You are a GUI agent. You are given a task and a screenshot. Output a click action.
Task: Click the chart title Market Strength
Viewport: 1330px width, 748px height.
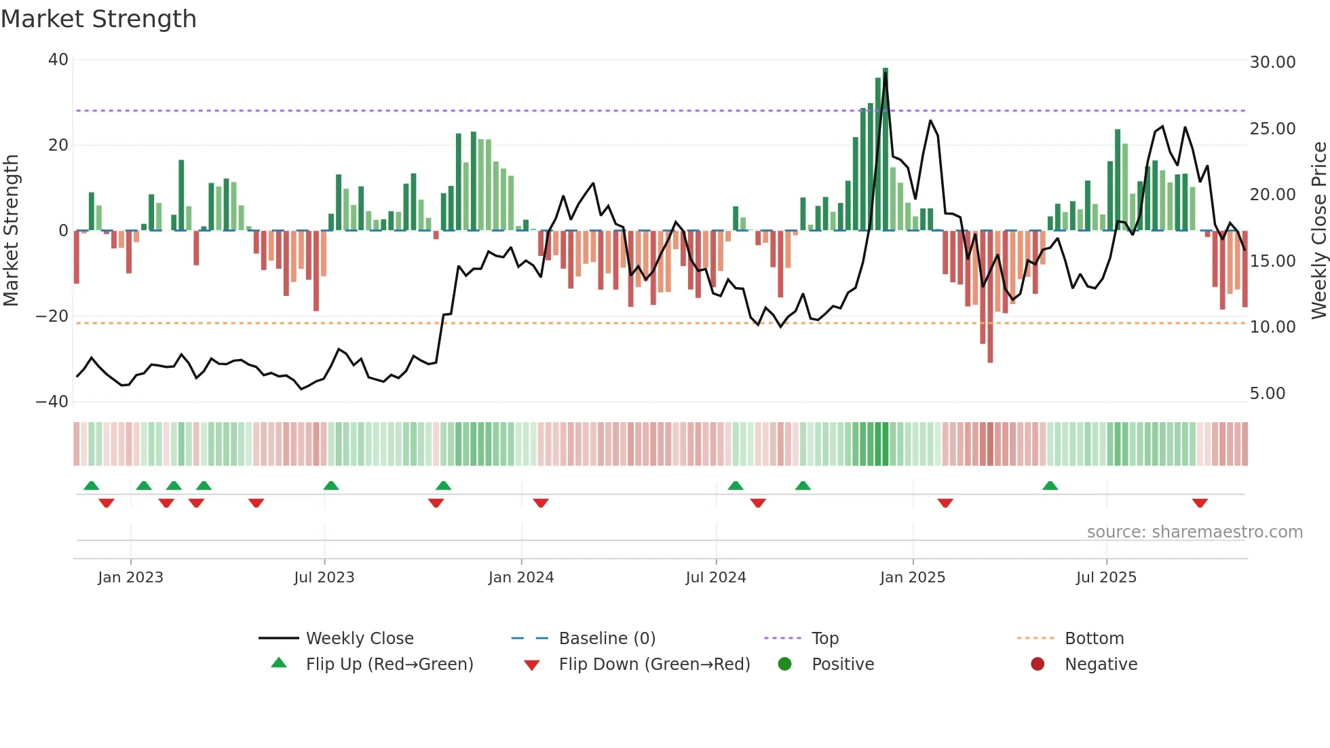pos(98,19)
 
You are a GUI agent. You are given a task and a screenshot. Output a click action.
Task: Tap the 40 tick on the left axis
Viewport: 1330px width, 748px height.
pos(58,60)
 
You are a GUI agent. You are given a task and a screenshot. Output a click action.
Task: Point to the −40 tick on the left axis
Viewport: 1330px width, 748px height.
pos(52,402)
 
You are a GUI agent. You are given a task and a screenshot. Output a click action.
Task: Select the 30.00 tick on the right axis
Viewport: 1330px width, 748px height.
pos(1272,62)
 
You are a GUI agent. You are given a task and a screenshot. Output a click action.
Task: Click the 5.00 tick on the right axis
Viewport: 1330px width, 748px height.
pos(1267,394)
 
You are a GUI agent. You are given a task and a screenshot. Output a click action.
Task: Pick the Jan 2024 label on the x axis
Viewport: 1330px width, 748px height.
pos(520,578)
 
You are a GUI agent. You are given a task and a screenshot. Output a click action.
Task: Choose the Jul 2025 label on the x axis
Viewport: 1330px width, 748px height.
pos(1105,578)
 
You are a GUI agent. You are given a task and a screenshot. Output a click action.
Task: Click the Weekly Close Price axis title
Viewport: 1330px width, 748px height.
pos(1318,230)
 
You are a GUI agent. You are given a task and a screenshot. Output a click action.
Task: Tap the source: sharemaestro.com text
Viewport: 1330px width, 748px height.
pos(1194,532)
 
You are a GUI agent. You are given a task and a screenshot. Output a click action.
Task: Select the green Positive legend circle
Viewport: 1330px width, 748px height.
pos(785,665)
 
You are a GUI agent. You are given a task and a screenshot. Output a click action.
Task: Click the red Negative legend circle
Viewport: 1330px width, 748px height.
pos(1038,665)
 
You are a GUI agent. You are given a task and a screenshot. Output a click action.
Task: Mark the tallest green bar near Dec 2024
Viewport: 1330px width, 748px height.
pos(885,149)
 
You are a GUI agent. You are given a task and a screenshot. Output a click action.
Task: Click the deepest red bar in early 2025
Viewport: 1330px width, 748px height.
pos(990,297)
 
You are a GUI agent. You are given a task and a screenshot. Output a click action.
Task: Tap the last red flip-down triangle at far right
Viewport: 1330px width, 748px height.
pos(1199,503)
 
